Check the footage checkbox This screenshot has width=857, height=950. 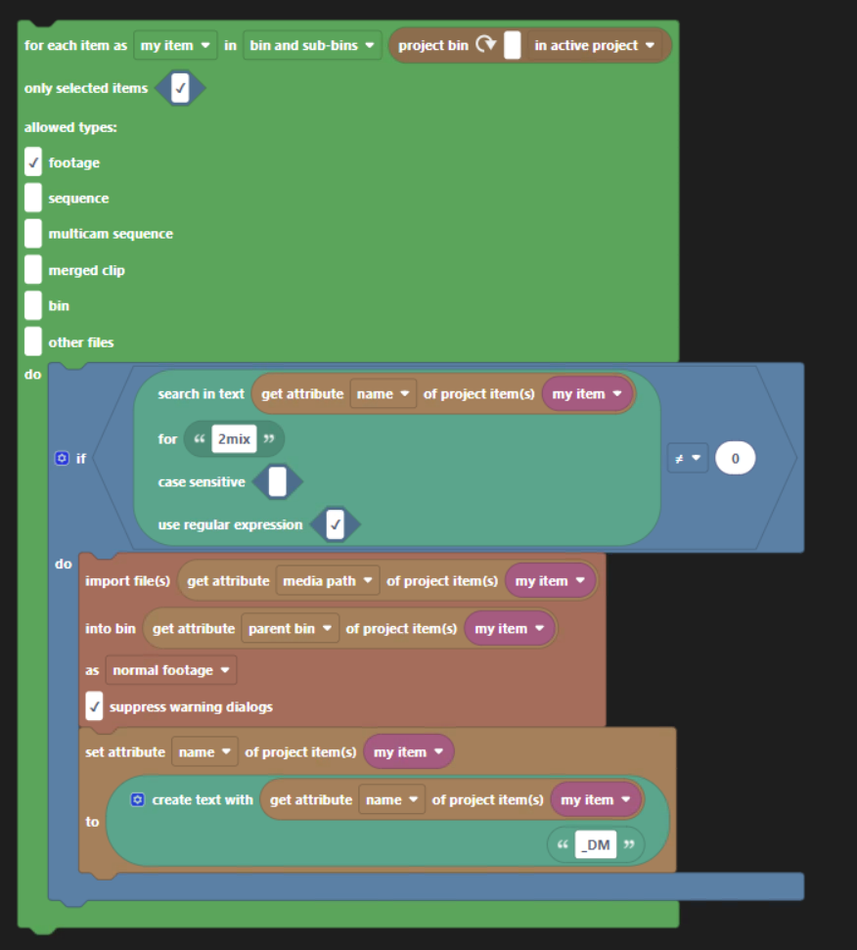tap(33, 162)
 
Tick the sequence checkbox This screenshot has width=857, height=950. tap(33, 199)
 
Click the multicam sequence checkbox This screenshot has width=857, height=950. tap(33, 234)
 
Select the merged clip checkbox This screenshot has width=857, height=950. tap(33, 270)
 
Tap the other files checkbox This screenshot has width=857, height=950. tap(33, 341)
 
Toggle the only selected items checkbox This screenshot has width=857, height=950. tap(180, 89)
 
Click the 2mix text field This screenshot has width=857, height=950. tap(234, 439)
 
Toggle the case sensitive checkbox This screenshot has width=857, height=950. tap(278, 481)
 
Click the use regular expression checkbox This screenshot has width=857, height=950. tap(336, 525)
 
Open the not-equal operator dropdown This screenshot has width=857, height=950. tap(688, 458)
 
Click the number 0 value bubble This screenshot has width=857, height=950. tap(735, 458)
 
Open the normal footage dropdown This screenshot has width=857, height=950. tap(171, 670)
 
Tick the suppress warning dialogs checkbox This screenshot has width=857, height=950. tap(94, 706)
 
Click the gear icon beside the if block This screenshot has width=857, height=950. tap(63, 458)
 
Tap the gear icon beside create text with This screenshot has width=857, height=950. tap(138, 799)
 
